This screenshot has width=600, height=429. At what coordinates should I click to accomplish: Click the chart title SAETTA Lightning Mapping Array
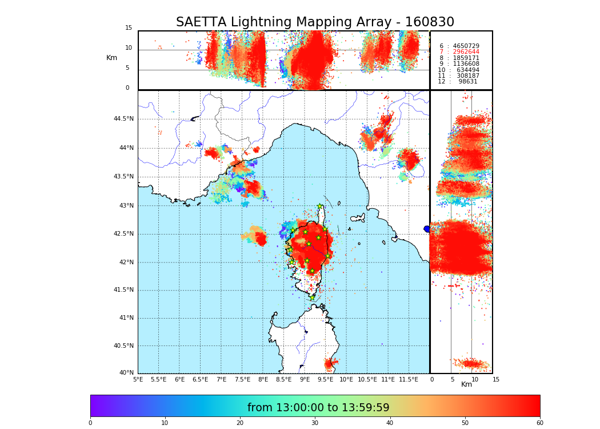(x=315, y=22)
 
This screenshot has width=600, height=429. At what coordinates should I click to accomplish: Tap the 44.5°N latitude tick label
(x=123, y=119)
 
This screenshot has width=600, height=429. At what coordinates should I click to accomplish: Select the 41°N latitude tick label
(x=125, y=318)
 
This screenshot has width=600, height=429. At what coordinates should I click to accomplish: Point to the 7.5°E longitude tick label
(x=242, y=379)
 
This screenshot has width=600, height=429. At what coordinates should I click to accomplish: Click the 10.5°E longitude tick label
(x=367, y=379)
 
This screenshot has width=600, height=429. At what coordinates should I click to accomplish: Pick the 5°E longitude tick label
(x=138, y=379)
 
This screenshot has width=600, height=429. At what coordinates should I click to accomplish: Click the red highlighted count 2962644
(x=466, y=52)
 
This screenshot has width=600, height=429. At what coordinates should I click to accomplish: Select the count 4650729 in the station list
(x=466, y=46)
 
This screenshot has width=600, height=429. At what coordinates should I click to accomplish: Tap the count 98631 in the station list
(x=468, y=82)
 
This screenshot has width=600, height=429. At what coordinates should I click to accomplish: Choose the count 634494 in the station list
(x=466, y=70)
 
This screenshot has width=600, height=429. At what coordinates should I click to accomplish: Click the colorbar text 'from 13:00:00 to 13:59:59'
(x=318, y=408)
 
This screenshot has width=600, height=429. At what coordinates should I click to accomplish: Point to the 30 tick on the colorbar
(x=315, y=423)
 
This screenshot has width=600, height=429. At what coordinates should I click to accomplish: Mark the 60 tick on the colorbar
(x=539, y=423)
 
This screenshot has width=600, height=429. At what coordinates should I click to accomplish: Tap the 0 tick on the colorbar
(x=90, y=423)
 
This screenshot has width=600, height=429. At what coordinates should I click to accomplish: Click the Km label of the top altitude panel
(x=111, y=58)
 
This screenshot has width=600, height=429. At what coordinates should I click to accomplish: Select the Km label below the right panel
(x=466, y=384)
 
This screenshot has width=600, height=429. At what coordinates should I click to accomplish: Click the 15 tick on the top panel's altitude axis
(x=129, y=28)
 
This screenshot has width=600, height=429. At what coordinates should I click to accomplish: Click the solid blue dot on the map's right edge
(x=427, y=229)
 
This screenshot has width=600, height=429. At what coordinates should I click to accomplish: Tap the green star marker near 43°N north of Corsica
(x=320, y=206)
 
